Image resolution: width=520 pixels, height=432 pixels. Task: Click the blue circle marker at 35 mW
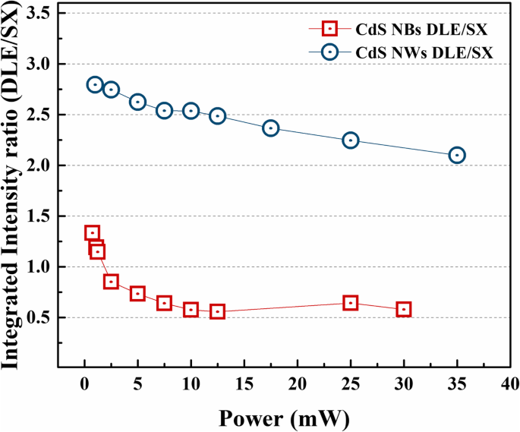(457, 155)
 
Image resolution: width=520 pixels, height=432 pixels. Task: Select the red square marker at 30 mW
(404, 309)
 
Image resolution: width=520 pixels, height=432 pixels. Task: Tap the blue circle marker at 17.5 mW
(271, 128)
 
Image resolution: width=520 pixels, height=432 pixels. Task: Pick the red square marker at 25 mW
(351, 303)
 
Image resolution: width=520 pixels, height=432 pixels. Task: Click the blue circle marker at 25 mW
(351, 140)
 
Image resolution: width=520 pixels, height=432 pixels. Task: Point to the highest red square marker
(92, 233)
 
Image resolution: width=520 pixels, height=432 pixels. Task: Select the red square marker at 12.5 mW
(218, 311)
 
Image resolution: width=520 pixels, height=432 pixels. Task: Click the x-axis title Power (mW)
(274, 418)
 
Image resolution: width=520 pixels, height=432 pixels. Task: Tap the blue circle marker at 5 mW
(137, 102)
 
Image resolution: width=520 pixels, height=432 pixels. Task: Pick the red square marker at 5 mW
(137, 294)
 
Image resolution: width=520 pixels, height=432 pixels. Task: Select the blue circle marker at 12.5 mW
(218, 116)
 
